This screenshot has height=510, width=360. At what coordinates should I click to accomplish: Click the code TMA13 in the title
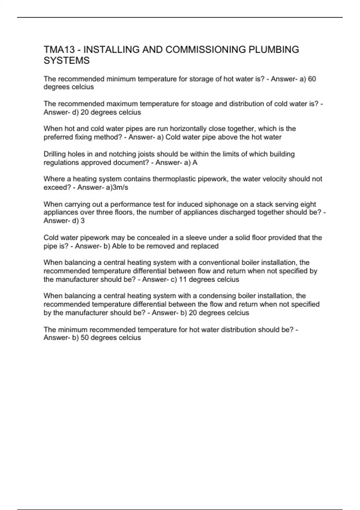[59, 49]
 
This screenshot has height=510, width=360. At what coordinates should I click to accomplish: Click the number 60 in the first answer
[312, 79]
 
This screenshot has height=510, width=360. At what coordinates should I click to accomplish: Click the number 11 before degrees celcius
[183, 280]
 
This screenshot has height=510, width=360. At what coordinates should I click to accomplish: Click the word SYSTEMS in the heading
[67, 61]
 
